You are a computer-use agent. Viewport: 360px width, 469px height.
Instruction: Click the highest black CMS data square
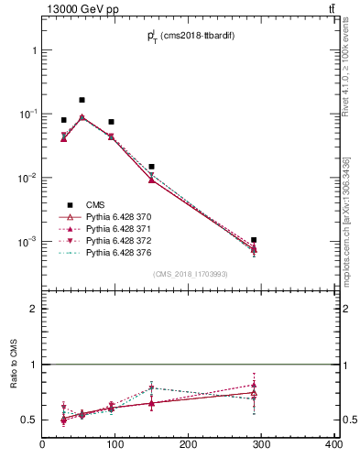(x=82, y=100)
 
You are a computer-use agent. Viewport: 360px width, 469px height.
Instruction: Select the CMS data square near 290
(x=254, y=240)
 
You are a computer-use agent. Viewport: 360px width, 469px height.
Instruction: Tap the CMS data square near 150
(x=151, y=167)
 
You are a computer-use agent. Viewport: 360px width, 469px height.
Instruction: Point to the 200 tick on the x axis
(x=189, y=445)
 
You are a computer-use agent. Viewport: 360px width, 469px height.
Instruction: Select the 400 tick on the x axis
(x=333, y=445)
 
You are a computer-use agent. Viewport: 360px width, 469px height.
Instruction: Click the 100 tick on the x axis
(x=115, y=445)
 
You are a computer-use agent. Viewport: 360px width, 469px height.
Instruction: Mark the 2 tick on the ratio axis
(x=33, y=309)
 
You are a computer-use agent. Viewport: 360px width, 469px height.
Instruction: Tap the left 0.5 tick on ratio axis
(x=29, y=420)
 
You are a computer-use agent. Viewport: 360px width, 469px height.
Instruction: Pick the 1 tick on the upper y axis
(x=33, y=50)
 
